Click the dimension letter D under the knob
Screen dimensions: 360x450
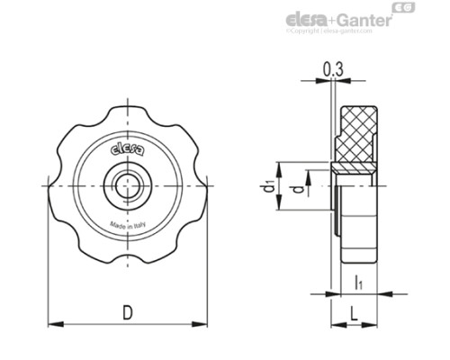click(x=128, y=313)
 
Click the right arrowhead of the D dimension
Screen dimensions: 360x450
click(x=206, y=325)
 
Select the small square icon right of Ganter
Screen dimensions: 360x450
click(x=408, y=10)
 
